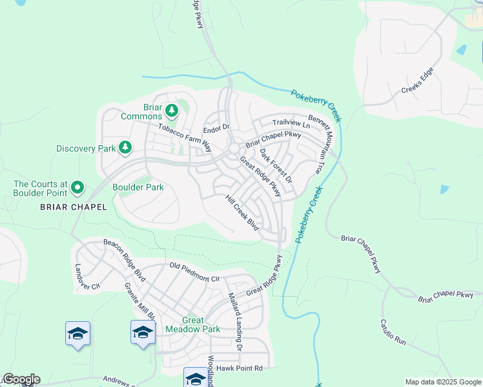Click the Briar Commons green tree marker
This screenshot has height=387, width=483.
tap(172, 111)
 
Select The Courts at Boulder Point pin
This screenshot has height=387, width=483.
tap(77, 188)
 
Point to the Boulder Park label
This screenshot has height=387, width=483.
tap(138, 187)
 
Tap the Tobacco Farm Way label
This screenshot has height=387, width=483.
tap(185, 136)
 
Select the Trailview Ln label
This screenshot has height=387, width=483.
tap(291, 123)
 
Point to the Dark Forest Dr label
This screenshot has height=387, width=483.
tap(276, 165)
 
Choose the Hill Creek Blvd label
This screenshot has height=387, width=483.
tap(242, 213)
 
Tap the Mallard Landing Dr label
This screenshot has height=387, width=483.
tap(234, 321)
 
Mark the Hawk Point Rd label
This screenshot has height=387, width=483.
tap(240, 368)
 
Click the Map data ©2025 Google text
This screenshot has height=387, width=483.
tap(443, 382)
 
